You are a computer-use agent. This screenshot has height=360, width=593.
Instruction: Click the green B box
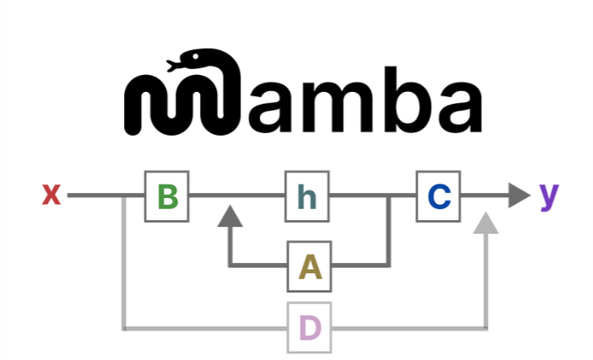tap(167, 196)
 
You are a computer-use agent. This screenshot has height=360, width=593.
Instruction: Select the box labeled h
tap(307, 196)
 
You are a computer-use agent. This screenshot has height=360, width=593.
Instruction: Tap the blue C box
tap(439, 196)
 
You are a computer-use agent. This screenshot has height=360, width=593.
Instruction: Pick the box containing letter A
tap(310, 266)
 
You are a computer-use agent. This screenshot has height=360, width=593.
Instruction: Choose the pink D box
tap(310, 328)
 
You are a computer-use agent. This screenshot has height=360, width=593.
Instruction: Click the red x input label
tap(51, 195)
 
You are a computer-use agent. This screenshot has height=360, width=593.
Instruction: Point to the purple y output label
tap(549, 196)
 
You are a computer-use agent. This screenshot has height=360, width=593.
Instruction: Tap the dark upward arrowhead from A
tap(230, 216)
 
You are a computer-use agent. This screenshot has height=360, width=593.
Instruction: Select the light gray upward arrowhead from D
tap(486, 223)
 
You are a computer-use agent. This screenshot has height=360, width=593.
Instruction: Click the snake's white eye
tap(196, 56)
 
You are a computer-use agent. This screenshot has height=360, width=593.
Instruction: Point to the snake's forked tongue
tap(172, 66)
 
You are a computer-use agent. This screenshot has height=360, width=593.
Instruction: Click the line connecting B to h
tap(237, 195)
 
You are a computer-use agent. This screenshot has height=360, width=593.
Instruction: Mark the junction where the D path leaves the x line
tap(124, 196)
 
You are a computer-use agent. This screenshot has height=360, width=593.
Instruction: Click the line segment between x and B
tap(106, 195)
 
